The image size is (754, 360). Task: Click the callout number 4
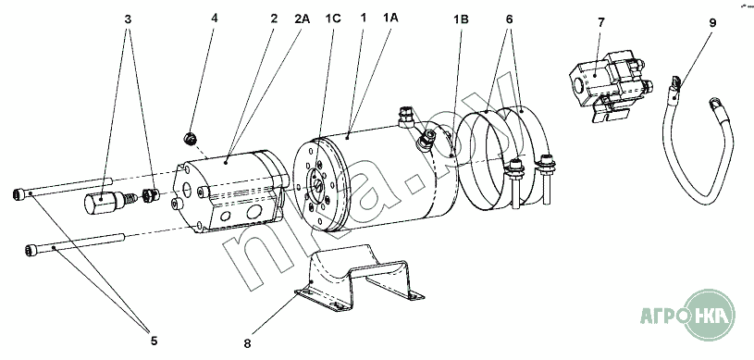point(215,19)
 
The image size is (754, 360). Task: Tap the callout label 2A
point(303,19)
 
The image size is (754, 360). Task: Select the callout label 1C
point(333,19)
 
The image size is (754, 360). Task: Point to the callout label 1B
point(461,19)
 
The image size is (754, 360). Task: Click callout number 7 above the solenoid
point(601,22)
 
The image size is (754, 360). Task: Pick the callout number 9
point(712,22)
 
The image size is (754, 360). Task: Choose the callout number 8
point(247,343)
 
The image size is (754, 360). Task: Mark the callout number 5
point(154,341)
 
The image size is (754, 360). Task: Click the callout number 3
point(128,19)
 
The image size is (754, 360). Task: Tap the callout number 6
point(509,19)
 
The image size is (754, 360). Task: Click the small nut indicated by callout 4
point(191,139)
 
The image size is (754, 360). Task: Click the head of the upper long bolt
point(19,194)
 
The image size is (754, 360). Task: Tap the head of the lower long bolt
point(31,250)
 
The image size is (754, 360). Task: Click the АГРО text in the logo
point(661,316)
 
